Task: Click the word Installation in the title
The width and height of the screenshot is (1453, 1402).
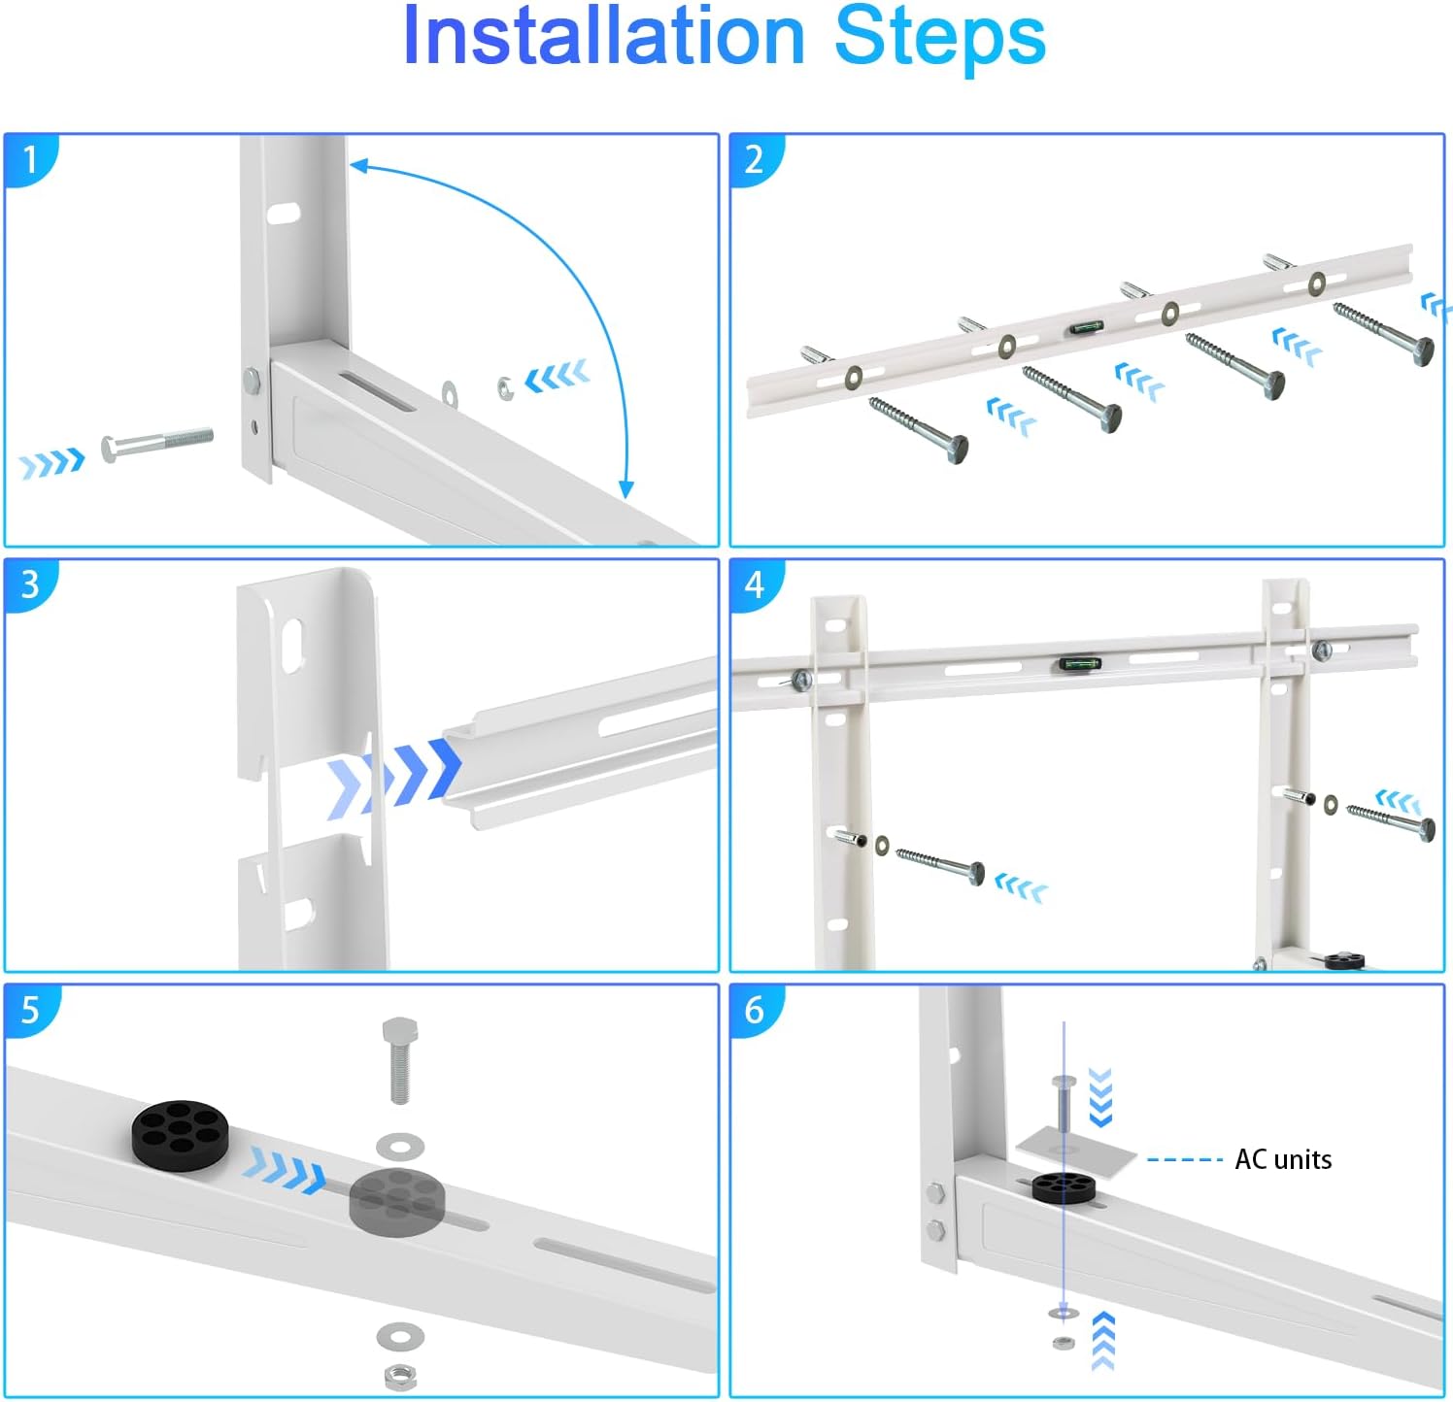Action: [x=603, y=37]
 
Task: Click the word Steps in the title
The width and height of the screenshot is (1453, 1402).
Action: [x=939, y=37]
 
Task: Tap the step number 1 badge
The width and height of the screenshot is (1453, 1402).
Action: [x=30, y=158]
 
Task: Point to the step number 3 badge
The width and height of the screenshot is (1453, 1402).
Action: [x=30, y=584]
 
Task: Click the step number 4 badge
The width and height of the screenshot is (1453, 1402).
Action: [x=755, y=584]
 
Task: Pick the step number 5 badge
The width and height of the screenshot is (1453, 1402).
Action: [x=30, y=1010]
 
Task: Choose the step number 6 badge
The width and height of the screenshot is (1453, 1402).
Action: [x=755, y=1010]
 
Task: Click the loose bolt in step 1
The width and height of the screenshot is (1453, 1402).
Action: [x=156, y=444]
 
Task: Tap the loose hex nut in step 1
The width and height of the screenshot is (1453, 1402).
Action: [x=505, y=387]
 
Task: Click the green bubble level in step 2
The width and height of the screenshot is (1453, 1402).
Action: [x=1087, y=327]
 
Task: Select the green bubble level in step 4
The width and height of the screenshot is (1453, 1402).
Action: [x=1079, y=664]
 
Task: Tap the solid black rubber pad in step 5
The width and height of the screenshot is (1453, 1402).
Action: [x=181, y=1131]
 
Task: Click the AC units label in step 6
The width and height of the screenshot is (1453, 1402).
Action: [x=1282, y=1159]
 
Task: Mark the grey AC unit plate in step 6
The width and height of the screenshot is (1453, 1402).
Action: [x=1076, y=1153]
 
